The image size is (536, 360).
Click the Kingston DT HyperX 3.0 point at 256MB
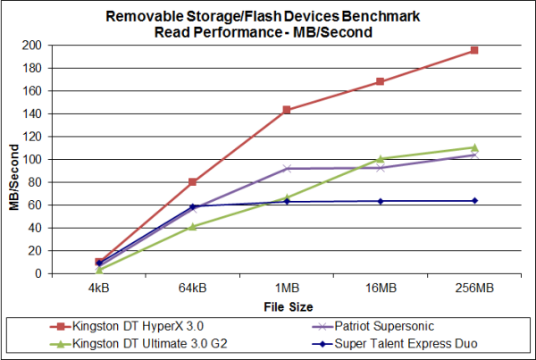coord(474,50)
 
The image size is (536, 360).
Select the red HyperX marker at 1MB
coord(286,110)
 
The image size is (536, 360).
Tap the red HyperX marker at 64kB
coord(192,182)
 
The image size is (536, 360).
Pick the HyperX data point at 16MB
coord(381,81)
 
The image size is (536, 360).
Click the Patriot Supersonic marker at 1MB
coord(286,168)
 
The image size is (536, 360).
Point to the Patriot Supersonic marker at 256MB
coord(474,155)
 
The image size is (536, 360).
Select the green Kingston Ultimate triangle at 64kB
coord(192,227)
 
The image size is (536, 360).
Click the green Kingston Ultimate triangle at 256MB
coord(474,147)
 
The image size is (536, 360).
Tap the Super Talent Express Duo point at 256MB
coord(474,200)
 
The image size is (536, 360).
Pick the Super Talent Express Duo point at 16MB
coord(381,201)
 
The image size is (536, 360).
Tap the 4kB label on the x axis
coord(98,289)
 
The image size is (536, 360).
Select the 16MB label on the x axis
coord(381,289)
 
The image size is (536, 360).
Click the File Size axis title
coord(286,306)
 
